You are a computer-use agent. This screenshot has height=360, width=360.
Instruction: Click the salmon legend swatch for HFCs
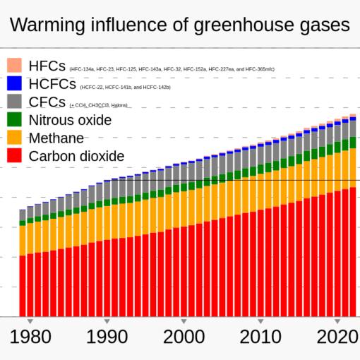coord(15,66)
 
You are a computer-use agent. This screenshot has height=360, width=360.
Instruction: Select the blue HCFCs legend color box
coord(15,83)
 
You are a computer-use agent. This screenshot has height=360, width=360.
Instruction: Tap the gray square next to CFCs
coord(15,101)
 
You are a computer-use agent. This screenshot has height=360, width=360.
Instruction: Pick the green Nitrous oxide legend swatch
coord(15,119)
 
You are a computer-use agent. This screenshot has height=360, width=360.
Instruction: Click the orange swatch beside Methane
coord(15,137)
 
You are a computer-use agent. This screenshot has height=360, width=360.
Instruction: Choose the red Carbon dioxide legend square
coord(15,155)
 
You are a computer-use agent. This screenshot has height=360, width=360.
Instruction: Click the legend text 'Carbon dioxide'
coord(77,155)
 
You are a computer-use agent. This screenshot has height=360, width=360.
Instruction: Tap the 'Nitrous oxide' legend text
coord(71,119)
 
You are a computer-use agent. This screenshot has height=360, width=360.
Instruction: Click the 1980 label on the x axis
coord(30,337)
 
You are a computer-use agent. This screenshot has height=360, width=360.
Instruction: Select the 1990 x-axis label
coord(107,337)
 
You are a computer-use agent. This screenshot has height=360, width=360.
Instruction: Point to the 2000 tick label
coord(184,337)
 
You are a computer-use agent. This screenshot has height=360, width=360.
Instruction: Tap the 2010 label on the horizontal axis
coord(260,337)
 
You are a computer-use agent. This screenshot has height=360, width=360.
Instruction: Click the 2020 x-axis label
coord(336,337)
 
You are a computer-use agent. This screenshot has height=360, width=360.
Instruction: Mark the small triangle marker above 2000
coord(184,320)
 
